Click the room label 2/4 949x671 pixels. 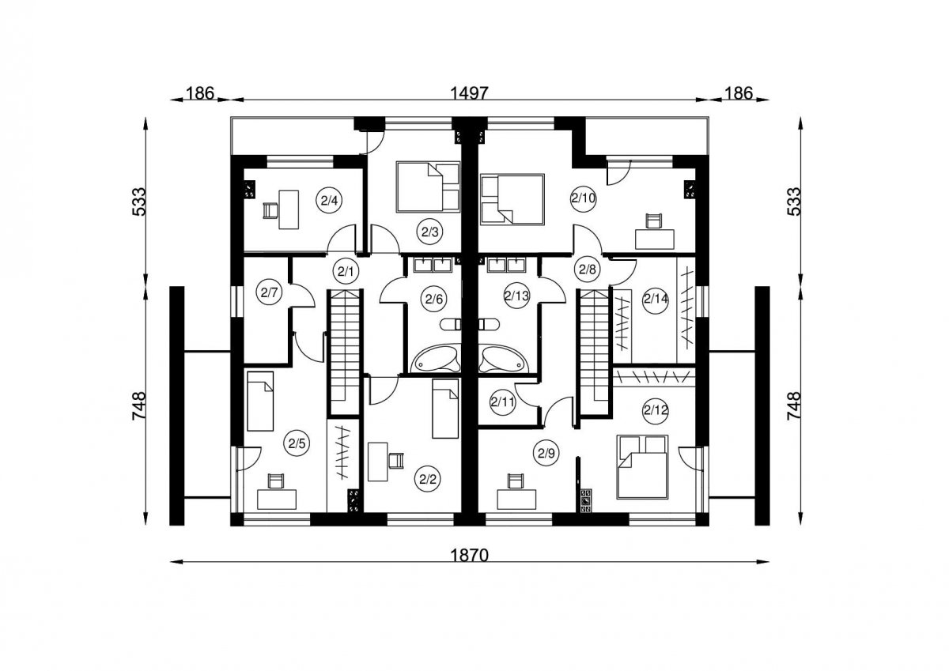click(329, 200)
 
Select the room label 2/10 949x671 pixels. click(584, 198)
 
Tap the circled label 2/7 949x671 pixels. click(270, 292)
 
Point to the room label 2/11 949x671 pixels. click(502, 401)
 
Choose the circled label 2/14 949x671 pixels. click(656, 300)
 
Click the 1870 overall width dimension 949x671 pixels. click(469, 555)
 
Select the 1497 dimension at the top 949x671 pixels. click(469, 92)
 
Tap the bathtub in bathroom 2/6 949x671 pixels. click(436, 359)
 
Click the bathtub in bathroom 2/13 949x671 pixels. click(504, 359)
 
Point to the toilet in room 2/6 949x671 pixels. click(451, 325)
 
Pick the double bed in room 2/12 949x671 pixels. click(642, 466)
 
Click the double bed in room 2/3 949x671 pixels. click(428, 187)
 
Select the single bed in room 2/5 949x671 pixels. click(260, 401)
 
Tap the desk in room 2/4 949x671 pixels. click(289, 209)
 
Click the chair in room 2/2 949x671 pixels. click(395, 461)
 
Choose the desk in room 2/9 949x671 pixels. click(516, 499)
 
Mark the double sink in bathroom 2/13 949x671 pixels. click(506, 264)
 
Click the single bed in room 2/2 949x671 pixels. click(445, 409)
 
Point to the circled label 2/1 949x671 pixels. click(346, 271)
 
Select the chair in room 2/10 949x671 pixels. click(653, 221)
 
